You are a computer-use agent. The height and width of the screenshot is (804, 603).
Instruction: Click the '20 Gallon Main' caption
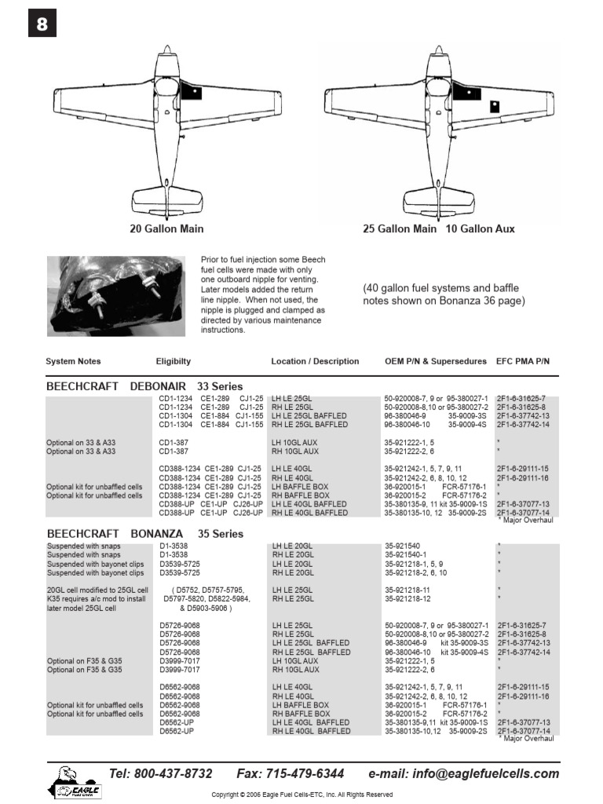(166, 228)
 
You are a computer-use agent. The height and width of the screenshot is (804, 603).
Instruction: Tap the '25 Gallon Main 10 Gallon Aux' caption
(439, 228)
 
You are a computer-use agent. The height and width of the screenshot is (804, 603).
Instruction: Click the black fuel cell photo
(118, 294)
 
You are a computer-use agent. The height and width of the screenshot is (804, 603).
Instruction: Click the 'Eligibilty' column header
(174, 361)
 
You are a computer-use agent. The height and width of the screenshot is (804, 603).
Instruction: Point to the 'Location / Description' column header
(315, 361)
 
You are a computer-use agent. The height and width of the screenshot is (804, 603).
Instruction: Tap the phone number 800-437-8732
(161, 773)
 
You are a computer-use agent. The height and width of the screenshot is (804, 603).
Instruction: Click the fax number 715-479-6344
(291, 773)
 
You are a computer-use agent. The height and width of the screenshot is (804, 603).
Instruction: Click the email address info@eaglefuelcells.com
(464, 773)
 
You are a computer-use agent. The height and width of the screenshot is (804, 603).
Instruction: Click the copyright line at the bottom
(301, 795)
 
